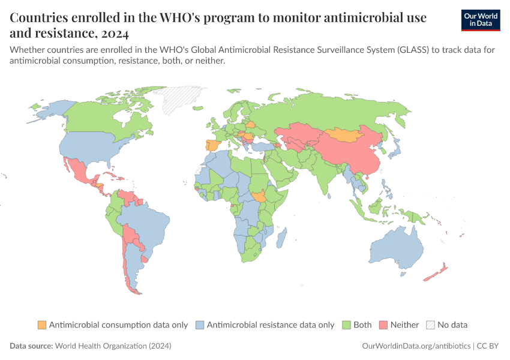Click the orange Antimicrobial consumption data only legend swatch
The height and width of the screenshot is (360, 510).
41,325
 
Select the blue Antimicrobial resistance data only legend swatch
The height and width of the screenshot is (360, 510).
202,325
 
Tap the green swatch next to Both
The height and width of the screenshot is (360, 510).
346,325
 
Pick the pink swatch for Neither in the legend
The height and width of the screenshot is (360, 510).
383,325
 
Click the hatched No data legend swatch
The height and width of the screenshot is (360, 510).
430,325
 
